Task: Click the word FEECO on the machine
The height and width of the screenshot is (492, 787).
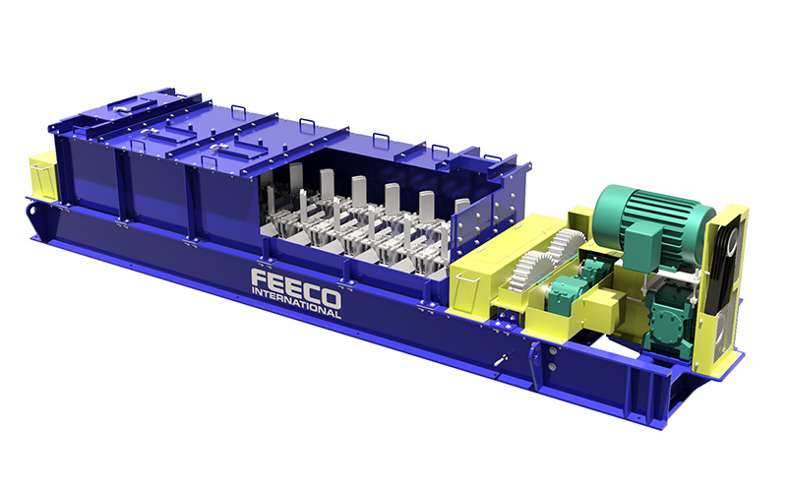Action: (x=296, y=287)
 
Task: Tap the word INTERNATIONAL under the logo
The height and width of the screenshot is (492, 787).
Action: (x=296, y=303)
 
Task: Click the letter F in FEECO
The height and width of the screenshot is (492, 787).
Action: (x=260, y=279)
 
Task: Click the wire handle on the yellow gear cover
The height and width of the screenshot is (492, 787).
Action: (x=466, y=277)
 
